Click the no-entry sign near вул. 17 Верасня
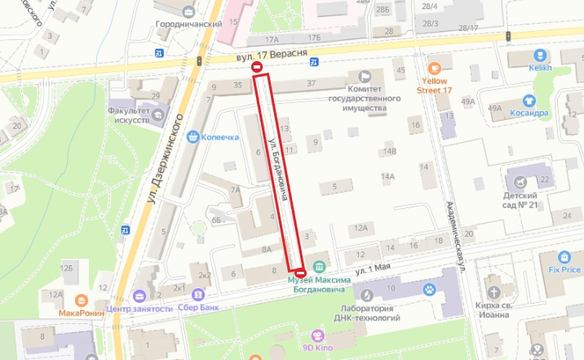point(258,69)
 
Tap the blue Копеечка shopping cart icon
point(194,136)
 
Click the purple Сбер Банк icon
point(197,294)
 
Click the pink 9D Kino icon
point(318,334)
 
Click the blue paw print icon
point(427,289)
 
